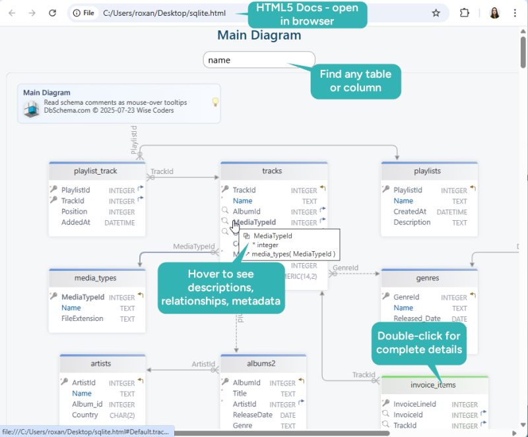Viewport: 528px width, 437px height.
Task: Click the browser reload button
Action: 53,13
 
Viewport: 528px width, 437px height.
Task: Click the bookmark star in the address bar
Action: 436,13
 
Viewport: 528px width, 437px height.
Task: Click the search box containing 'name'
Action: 259,60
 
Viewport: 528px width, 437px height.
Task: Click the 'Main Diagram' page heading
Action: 259,36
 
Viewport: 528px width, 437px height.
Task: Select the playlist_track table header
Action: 96,171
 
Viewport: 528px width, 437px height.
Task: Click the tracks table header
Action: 272,171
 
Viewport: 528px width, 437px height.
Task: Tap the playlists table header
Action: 427,171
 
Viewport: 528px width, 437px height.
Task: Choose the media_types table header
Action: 96,278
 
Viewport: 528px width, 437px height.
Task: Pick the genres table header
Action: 428,278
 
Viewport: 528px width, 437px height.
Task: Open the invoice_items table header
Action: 433,385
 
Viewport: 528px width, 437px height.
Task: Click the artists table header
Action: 101,363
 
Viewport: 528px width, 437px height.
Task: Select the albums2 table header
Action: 261,363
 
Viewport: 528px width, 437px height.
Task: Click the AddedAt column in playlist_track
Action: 76,223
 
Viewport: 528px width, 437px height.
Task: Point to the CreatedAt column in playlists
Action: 410,212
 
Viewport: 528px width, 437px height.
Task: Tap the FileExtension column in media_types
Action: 82,318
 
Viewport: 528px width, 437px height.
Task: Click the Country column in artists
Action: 85,415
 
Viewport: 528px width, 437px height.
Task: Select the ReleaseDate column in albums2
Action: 252,415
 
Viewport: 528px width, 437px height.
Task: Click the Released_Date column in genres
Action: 417,318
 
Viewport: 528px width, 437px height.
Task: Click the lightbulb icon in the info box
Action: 214,102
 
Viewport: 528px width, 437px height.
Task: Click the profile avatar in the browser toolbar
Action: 494,13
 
